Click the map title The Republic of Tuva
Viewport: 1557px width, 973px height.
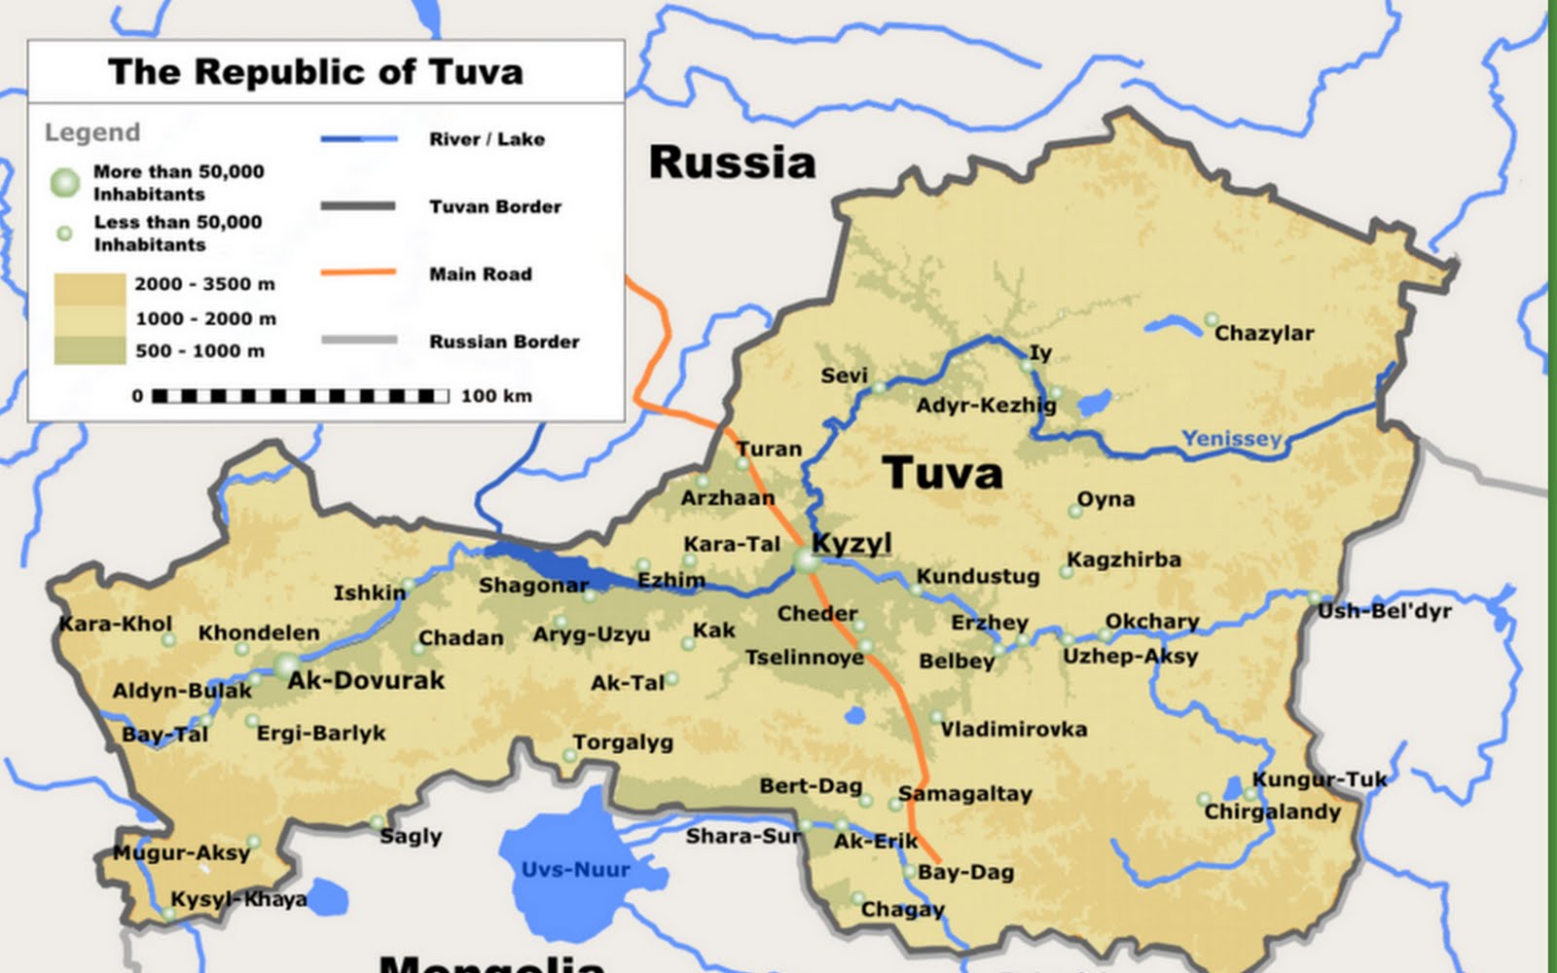coord(315,72)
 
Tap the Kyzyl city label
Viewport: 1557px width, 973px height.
coord(851,543)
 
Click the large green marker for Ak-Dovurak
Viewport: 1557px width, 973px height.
coord(286,667)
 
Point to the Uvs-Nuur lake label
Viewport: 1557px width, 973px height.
coord(575,869)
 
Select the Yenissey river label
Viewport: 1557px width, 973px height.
coord(1232,438)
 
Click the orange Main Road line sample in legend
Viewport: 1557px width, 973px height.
coord(358,272)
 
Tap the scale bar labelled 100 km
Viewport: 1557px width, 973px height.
coord(302,396)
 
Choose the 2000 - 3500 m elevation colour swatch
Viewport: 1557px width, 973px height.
coord(90,289)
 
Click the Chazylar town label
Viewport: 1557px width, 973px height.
coord(1264,333)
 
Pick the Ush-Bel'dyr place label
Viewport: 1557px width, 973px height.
coord(1384,611)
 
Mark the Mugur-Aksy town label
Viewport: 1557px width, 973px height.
coord(181,853)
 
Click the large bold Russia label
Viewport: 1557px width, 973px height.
coord(732,162)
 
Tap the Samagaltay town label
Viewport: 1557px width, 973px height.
coord(964,793)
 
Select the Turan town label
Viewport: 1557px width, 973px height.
coord(769,449)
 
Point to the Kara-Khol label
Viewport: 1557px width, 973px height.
coord(115,624)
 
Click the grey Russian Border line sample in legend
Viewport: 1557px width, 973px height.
coord(358,340)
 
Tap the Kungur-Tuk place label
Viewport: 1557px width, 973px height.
coord(1320,779)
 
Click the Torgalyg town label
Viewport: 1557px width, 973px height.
coord(623,742)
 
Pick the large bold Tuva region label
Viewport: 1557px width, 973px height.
coord(942,474)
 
